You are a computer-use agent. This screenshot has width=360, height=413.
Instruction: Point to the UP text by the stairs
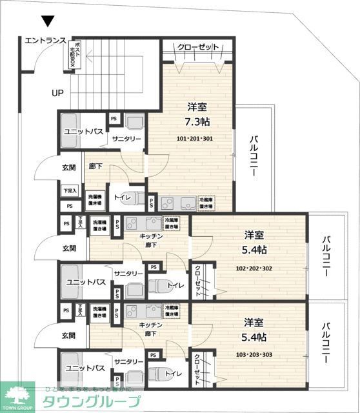tap(58, 92)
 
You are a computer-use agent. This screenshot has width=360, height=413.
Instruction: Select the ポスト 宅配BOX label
tap(75, 54)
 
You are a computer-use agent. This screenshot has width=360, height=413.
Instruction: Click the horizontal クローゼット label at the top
tap(197, 47)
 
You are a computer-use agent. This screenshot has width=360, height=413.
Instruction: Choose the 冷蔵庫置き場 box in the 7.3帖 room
tap(206, 202)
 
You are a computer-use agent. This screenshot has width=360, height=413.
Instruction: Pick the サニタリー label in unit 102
tap(128, 274)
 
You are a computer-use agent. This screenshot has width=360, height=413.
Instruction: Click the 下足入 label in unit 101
tap(70, 190)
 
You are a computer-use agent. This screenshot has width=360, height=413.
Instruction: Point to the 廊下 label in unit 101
tap(95, 166)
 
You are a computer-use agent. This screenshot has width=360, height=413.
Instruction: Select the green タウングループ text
tap(91, 401)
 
